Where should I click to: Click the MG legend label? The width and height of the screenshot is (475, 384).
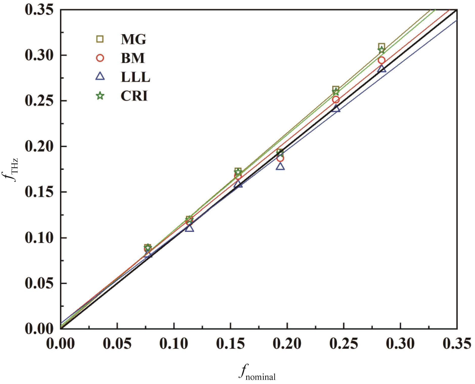134,39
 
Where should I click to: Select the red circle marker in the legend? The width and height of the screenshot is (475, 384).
100,58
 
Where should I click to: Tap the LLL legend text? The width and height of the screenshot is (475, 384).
135,77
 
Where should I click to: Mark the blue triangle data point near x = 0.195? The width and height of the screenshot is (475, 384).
280,167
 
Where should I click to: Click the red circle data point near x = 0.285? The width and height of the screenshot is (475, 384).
382,60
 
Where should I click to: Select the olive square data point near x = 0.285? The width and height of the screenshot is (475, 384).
382,46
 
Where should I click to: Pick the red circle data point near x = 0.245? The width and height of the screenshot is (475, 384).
336,99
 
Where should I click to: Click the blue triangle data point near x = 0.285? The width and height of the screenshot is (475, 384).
382,69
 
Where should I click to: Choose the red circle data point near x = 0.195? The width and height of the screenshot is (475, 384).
280,158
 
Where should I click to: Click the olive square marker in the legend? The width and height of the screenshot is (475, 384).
100,39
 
